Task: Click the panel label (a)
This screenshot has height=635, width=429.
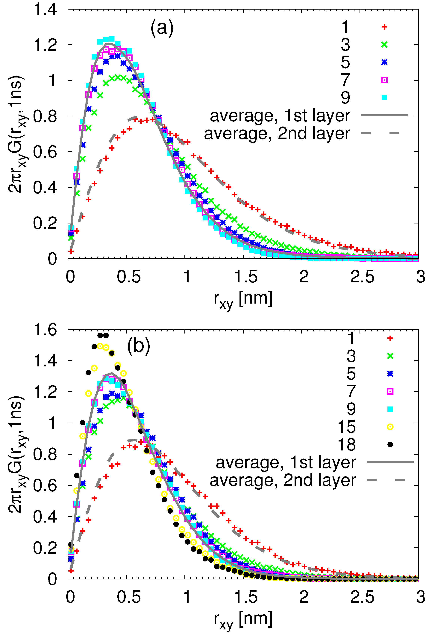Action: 162,28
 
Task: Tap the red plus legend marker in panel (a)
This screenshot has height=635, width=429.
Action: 384,27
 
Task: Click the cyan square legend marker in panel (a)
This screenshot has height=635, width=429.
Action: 384,98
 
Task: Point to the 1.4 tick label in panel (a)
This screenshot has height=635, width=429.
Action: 45,10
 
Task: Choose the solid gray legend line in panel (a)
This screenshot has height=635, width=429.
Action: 384,115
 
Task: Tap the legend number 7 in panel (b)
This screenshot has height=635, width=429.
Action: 351,391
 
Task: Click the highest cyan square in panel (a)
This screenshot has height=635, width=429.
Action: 112,39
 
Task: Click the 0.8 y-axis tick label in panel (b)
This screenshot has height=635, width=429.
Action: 45,455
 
